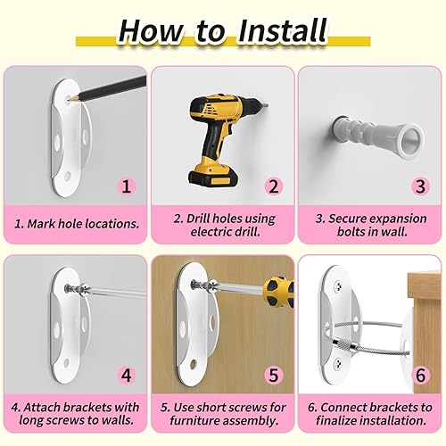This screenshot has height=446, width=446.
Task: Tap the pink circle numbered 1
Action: coord(126,186)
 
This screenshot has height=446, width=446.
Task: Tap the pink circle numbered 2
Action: coord(273,186)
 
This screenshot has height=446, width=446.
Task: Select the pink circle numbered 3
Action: coord(420,186)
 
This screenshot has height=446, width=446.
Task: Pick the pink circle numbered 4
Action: coord(126,375)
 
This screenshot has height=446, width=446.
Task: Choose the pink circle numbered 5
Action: coord(273,375)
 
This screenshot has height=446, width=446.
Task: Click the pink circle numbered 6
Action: coord(420,375)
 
